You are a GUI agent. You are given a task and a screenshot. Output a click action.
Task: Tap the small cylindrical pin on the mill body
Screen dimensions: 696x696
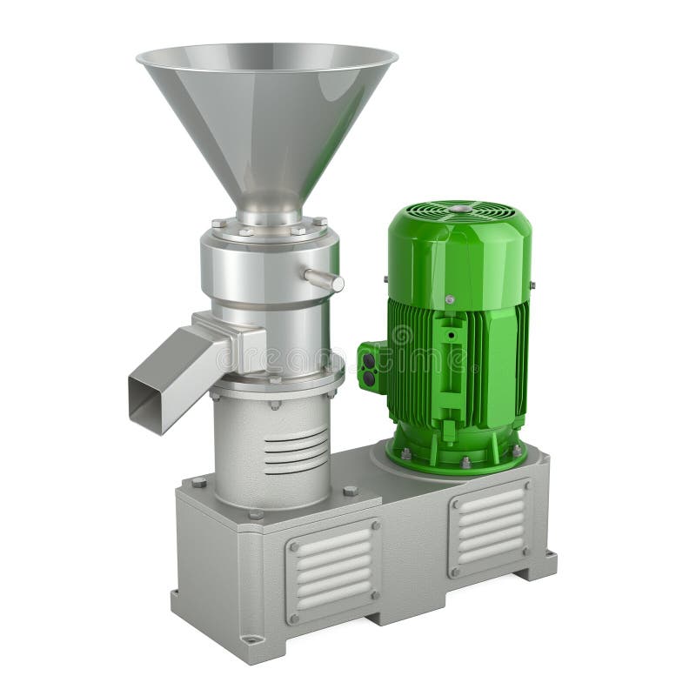[324, 279]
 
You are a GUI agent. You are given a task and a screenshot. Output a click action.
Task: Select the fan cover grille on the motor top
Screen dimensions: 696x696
[459, 214]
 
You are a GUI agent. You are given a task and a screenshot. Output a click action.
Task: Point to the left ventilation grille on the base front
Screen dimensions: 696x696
[333, 569]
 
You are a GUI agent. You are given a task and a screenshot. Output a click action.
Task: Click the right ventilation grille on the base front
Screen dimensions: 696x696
[489, 526]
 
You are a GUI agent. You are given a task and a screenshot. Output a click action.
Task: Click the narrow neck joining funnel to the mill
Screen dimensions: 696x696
[268, 209]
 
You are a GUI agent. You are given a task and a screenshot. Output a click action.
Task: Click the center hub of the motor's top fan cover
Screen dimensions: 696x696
[459, 209]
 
